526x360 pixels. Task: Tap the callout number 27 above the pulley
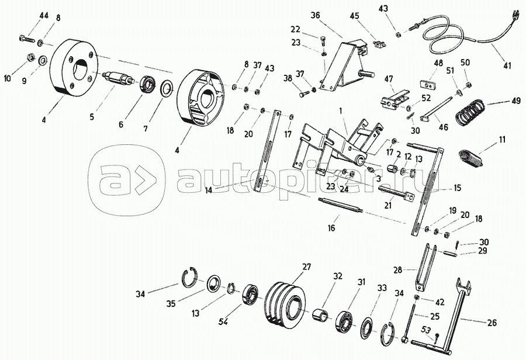pos(306,267)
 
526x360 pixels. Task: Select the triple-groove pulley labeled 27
pos(285,307)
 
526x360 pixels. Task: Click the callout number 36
pos(315,15)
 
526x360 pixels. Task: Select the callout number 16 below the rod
pos(331,229)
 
